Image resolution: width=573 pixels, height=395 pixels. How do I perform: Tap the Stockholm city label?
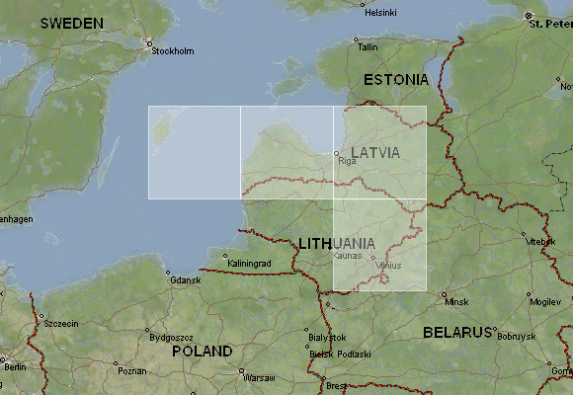(173, 51)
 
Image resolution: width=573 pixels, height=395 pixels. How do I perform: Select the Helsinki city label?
(380, 13)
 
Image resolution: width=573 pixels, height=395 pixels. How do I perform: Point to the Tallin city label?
(368, 46)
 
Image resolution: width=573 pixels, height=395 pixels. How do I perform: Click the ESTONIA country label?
(396, 79)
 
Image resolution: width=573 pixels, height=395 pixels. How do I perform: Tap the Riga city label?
(347, 160)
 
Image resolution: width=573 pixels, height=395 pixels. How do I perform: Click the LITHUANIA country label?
(336, 243)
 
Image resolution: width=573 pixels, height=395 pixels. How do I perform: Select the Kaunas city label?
(349, 256)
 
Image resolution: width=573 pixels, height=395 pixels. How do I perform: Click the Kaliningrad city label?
(249, 264)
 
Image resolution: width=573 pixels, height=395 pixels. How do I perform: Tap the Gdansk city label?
(185, 280)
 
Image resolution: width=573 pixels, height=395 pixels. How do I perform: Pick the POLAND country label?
(202, 351)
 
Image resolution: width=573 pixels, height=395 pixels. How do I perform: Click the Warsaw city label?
(259, 378)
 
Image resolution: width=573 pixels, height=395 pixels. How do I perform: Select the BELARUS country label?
(457, 332)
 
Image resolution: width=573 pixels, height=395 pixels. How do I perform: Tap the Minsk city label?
(456, 298)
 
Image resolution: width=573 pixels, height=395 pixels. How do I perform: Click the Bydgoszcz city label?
(170, 337)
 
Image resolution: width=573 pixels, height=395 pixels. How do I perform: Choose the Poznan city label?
(131, 371)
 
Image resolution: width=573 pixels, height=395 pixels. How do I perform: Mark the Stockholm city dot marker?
(149, 42)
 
